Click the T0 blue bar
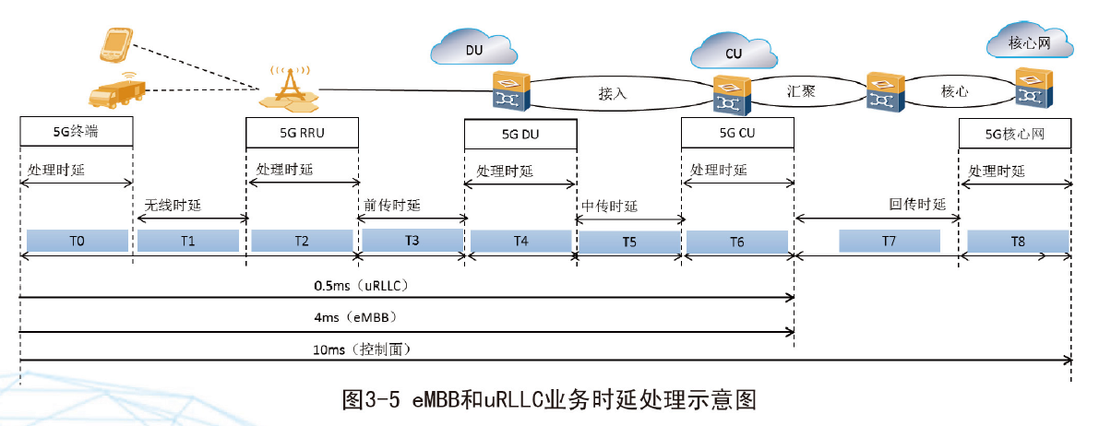click(x=77, y=241)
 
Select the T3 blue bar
click(x=412, y=240)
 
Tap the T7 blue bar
click(x=889, y=241)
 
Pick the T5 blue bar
click(x=628, y=242)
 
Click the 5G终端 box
click(x=76, y=133)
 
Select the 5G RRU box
click(x=302, y=133)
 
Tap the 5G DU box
click(x=520, y=135)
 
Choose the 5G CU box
click(x=736, y=133)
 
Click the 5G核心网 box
click(x=1015, y=135)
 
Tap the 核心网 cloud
click(x=1029, y=41)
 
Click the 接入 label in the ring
click(x=612, y=93)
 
